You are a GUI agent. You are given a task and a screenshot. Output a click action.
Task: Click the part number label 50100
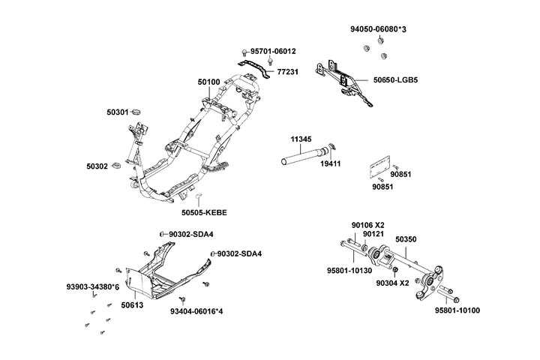pyautogui.click(x=208, y=82)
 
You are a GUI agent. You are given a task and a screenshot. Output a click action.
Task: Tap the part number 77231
pyautogui.click(x=287, y=71)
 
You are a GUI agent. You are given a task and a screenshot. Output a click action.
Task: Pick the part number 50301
pyautogui.click(x=117, y=112)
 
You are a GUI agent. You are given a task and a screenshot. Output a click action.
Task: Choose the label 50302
pyautogui.click(x=97, y=166)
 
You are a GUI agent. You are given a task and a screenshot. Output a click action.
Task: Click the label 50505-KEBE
pyautogui.click(x=202, y=212)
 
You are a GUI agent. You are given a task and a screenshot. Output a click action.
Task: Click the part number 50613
pyautogui.click(x=132, y=305)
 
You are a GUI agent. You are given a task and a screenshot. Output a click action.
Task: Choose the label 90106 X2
pyautogui.click(x=367, y=223)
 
